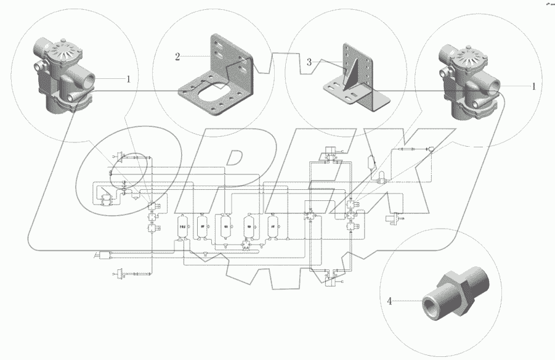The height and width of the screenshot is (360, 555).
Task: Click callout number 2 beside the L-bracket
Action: pyautogui.click(x=177, y=57)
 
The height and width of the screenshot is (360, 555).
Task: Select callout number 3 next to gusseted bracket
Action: pyautogui.click(x=310, y=62)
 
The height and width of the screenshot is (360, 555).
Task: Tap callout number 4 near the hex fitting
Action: pyautogui.click(x=389, y=301)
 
